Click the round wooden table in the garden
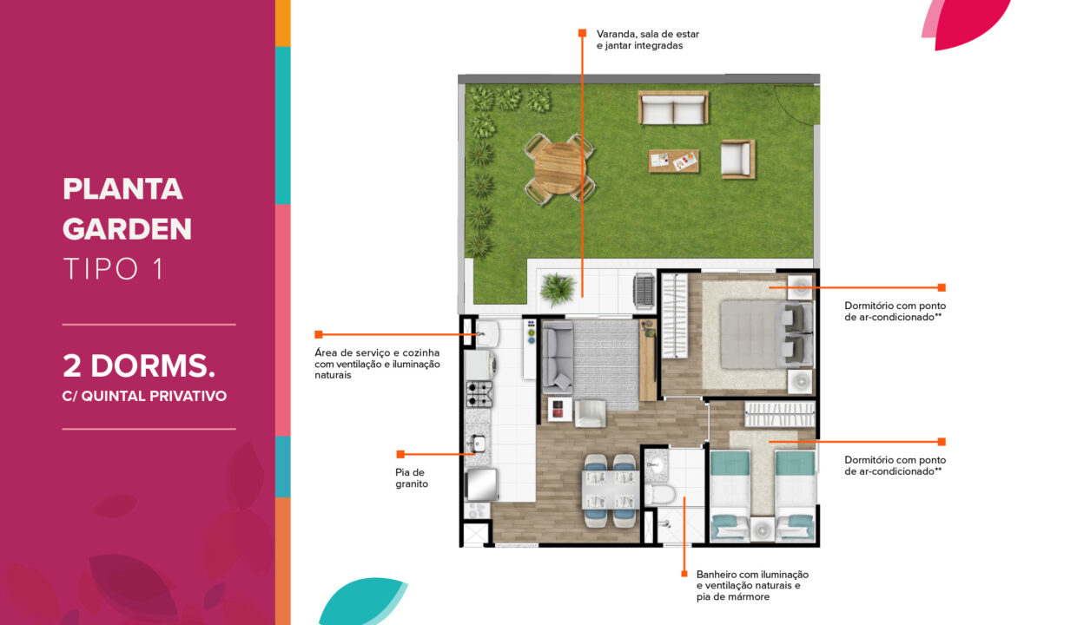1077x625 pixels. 559,168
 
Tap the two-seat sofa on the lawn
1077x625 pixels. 673,108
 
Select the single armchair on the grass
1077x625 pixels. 737,159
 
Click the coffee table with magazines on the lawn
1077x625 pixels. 673,161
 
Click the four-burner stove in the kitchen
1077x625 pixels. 479,394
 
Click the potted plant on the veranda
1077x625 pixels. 558,289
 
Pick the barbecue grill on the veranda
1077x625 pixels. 644,290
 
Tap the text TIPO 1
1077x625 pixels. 114,268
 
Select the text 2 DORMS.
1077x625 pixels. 139,366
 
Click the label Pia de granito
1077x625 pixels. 412,478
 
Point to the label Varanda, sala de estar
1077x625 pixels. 648,34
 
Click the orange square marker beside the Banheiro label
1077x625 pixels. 684,574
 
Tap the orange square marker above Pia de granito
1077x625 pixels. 400,454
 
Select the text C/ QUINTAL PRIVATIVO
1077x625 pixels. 144,397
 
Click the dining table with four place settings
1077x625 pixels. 610,490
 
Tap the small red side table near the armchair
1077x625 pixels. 559,409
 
